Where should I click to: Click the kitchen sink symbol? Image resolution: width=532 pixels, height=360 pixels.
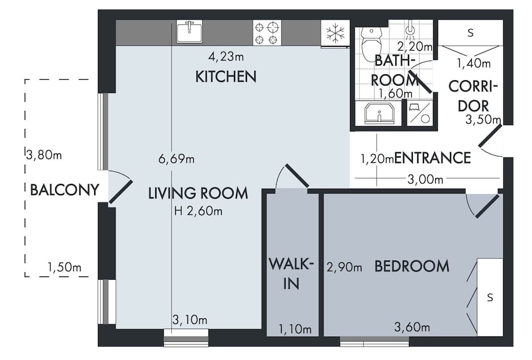(x=189, y=31)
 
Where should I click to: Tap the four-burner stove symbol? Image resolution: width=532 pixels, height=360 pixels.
(x=267, y=32)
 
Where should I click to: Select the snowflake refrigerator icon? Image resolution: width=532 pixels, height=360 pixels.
(x=335, y=34)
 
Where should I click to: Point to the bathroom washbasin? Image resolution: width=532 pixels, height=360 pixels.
(x=378, y=114)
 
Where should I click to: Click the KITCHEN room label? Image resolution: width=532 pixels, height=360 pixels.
(x=226, y=77)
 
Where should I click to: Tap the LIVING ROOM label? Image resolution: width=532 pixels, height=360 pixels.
(x=198, y=193)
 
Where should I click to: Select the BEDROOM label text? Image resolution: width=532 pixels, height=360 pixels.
(x=412, y=266)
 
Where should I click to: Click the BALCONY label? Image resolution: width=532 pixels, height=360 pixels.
(x=65, y=189)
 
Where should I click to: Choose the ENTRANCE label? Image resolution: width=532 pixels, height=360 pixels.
(x=433, y=158)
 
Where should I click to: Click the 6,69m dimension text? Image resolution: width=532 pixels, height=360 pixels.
(x=177, y=158)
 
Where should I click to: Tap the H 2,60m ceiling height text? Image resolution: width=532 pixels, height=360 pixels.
(x=198, y=211)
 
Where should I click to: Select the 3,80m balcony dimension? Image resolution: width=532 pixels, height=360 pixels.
(x=44, y=155)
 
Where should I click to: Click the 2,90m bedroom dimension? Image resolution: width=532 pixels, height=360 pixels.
(x=345, y=267)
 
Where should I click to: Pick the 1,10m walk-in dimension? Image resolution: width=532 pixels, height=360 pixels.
(x=295, y=330)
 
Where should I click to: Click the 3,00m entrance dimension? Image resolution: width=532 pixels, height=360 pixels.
(x=425, y=179)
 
